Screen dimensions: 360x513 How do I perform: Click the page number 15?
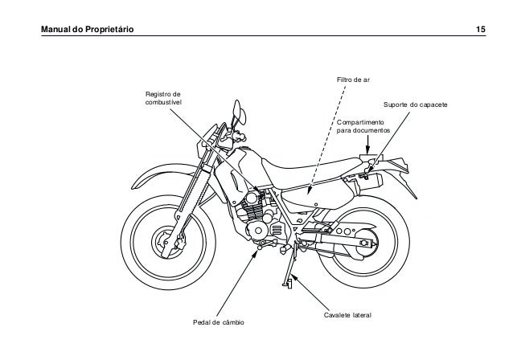[x=480, y=30]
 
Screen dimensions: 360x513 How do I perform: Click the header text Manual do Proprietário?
[x=76, y=30]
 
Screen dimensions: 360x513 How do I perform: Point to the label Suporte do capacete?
[x=415, y=106]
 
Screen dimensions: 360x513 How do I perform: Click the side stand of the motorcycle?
[x=286, y=269]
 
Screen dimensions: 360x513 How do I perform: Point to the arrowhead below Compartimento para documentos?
[x=367, y=150]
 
